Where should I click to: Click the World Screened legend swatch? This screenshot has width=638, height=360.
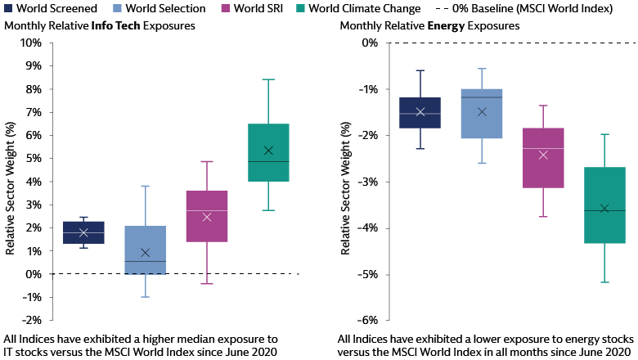pos(9,9)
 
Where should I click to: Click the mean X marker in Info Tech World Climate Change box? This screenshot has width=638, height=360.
pos(268,151)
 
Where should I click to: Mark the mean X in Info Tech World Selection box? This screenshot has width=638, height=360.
pos(146,253)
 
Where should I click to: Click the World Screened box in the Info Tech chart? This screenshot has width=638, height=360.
pos(83,232)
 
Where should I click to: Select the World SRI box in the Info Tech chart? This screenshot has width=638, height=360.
pos(207,216)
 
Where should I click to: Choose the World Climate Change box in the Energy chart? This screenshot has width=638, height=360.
pos(604,205)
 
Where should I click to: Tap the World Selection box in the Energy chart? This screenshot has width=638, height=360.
pos(482,114)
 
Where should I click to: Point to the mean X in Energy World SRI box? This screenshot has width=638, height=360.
pos(543,155)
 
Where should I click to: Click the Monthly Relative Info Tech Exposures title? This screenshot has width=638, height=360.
pos(99,26)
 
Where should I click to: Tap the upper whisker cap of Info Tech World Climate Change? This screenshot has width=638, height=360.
pos(268,79)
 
